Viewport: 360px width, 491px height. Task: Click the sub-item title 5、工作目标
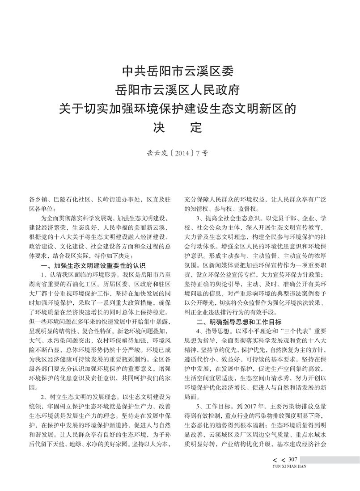tap(216, 406)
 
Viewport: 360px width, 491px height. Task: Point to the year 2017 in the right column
tap(254, 406)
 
